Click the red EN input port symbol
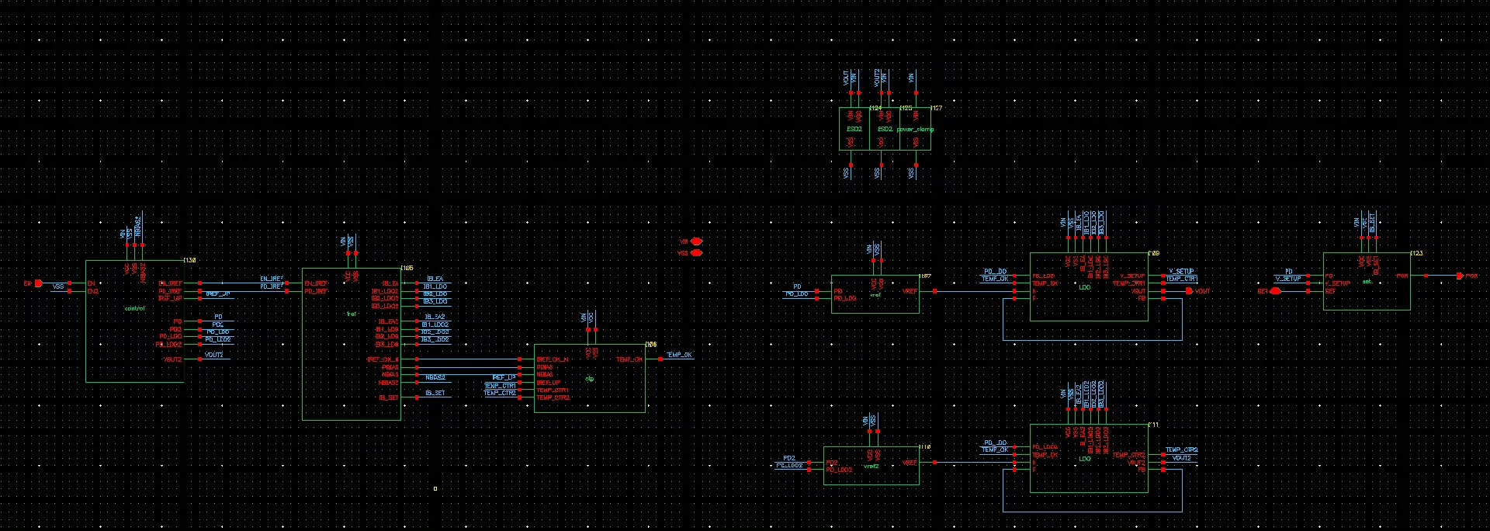(x=38, y=283)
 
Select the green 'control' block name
(x=134, y=308)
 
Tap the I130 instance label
(x=189, y=260)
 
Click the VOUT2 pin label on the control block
(x=172, y=359)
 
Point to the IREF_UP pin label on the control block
(x=170, y=298)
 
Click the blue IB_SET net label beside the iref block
(x=435, y=393)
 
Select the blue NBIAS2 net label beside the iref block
(x=435, y=377)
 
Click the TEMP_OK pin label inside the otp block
(x=629, y=359)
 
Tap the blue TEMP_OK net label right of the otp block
(x=679, y=355)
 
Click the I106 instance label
(x=650, y=344)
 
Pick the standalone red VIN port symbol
(x=696, y=241)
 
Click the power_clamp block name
(x=915, y=129)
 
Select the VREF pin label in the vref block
(x=910, y=291)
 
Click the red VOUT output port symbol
(x=1189, y=291)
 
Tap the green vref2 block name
(x=871, y=466)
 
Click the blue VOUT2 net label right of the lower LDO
(x=1181, y=458)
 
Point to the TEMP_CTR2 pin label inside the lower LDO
(x=1128, y=455)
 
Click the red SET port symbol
(x=1274, y=291)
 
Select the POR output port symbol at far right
(x=1461, y=276)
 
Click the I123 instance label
(x=1416, y=253)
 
